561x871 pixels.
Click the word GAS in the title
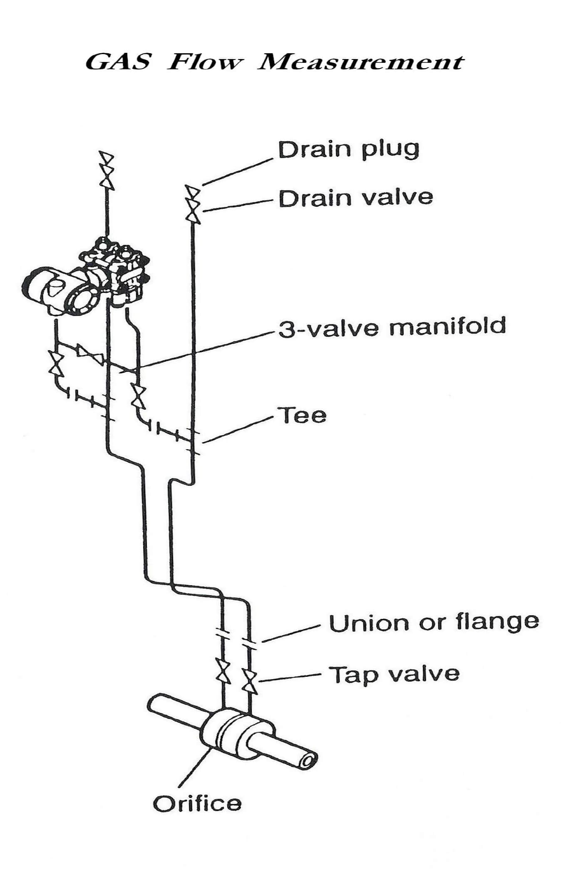click(x=118, y=63)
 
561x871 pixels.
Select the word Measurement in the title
click(x=360, y=63)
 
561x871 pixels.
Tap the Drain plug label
click(x=348, y=151)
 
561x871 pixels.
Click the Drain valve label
click(x=356, y=198)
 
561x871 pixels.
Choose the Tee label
click(x=304, y=415)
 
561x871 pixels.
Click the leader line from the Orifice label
click(x=196, y=765)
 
